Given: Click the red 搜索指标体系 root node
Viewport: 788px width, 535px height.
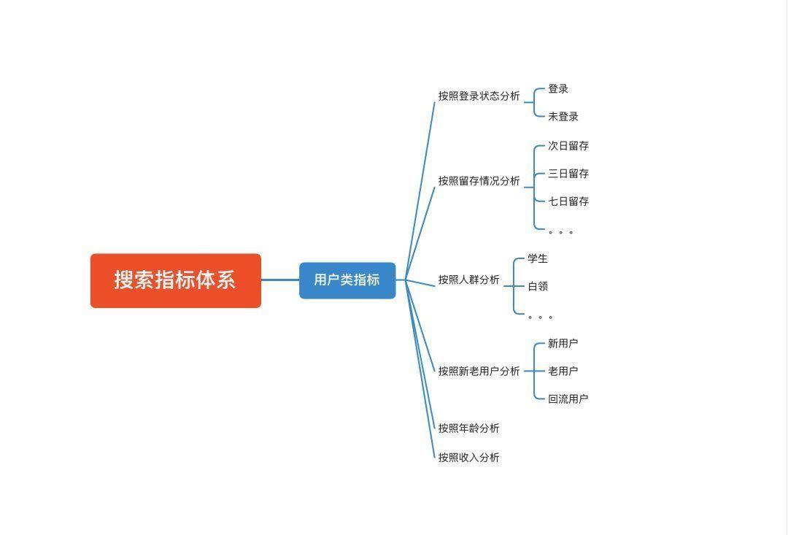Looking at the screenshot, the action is coord(175,280).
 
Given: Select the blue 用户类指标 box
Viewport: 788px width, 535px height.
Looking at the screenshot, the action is coord(347,280).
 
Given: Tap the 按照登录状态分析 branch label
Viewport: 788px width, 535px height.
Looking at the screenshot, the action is coord(479,96).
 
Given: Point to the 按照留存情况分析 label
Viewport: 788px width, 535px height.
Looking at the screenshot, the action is coord(479,181).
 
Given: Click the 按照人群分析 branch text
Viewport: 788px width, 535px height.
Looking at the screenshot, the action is coord(469,280).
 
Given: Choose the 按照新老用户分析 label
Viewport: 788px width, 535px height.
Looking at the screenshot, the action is coord(479,371).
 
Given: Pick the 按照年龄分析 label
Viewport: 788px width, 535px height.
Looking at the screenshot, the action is coord(469,428).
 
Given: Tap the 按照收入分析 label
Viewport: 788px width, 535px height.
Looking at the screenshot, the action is coord(469,457).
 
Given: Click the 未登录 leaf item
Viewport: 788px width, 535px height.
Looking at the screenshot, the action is coord(563,117).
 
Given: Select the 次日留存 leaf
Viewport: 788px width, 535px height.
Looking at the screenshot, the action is coord(568,146).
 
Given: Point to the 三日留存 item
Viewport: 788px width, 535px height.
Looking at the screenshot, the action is coord(568,174).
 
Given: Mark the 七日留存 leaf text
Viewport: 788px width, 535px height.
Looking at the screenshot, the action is coord(568,201).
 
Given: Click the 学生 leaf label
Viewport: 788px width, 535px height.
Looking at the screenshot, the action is coord(538,258).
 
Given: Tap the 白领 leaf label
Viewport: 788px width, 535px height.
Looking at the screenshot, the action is coord(538,286).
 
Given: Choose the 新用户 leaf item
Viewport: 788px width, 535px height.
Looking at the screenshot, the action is coord(563,344).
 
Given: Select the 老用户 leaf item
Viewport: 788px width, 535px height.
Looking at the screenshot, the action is coord(563,371).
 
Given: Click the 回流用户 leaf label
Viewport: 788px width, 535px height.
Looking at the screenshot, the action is coord(568,399).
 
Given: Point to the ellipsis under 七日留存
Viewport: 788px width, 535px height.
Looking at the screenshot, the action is coord(561,232).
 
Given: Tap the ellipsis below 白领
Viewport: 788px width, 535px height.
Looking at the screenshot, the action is coord(540,317).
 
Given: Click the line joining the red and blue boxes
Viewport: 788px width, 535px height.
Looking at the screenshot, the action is coord(280,280).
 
